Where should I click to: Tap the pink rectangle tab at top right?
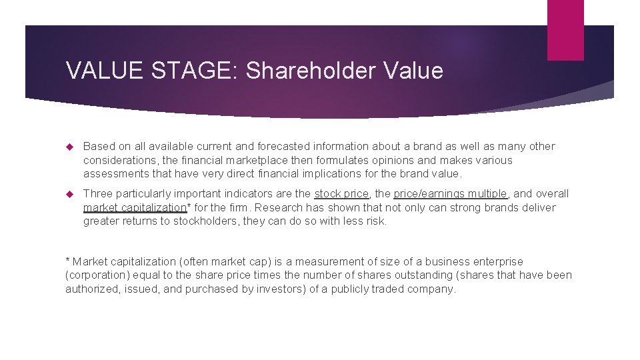(x=565, y=30)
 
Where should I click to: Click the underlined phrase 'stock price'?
(x=341, y=193)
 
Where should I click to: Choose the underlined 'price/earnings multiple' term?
(x=450, y=193)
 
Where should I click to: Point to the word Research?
(x=280, y=207)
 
